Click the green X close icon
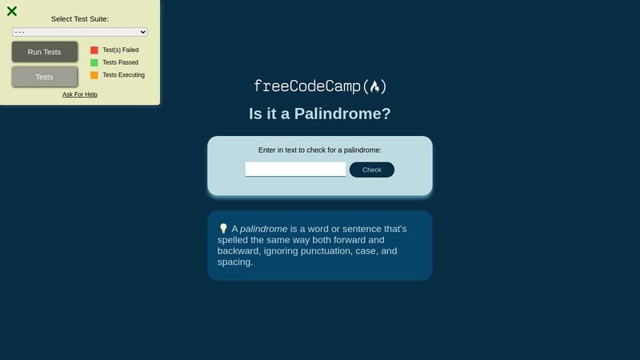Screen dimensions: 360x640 pos(12,11)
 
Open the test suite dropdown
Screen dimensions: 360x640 pos(80,32)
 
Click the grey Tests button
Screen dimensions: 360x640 pos(45,77)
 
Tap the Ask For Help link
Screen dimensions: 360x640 pos(80,94)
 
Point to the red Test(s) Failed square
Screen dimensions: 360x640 pos(94,50)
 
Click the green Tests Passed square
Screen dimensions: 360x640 pos(94,62)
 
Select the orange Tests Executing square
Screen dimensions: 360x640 pos(94,75)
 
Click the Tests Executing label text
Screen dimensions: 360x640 pos(124,75)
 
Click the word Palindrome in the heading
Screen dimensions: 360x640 pos(342,114)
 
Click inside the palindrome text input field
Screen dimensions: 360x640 pos(295,170)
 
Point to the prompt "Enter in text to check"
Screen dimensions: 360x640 pos(320,150)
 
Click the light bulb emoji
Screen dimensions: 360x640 pos(223,229)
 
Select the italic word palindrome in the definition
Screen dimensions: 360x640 pos(264,229)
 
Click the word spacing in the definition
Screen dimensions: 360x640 pos(235,262)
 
